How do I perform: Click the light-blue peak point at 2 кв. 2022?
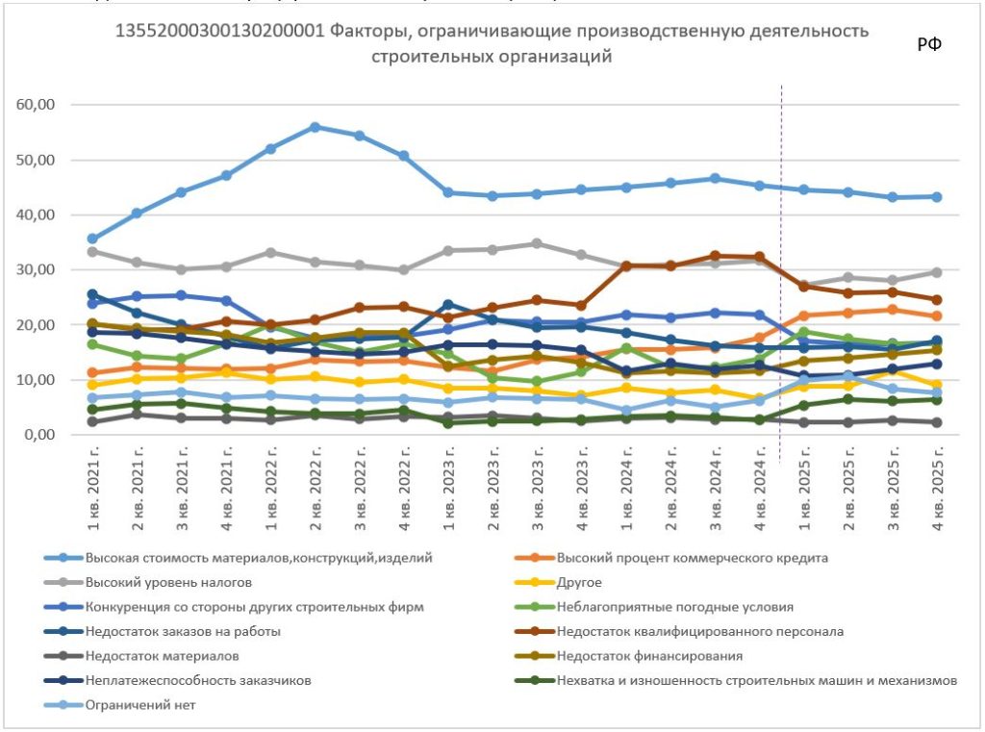[315, 127]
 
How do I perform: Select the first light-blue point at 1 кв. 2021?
[92, 239]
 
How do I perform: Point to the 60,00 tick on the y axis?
[37, 104]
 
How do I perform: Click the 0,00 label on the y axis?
[40, 435]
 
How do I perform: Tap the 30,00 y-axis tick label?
[37, 269]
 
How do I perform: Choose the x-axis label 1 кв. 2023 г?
[448, 488]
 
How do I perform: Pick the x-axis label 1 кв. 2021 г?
[92, 488]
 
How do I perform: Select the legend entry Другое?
[578, 581]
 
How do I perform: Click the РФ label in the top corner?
[928, 44]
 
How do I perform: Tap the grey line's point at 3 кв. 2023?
[537, 243]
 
